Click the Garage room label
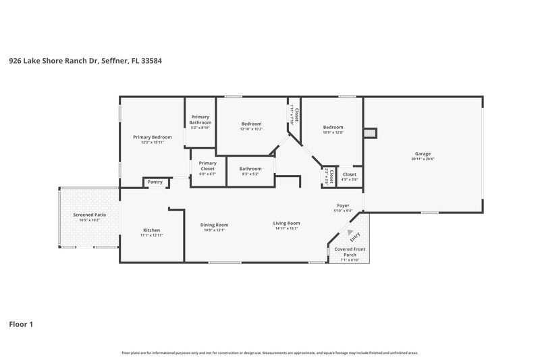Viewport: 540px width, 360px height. click(423, 153)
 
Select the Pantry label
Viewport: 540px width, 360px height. click(155, 182)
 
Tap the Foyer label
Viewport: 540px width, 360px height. click(344, 207)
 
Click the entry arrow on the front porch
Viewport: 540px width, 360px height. click(350, 232)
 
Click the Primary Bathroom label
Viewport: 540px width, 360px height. click(200, 120)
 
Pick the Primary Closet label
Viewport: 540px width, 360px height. click(208, 168)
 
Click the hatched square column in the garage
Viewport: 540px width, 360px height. click(369, 134)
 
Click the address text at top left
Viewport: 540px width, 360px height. click(85, 60)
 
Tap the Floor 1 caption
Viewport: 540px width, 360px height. click(21, 324)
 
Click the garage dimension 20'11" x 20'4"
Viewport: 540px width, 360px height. click(423, 159)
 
